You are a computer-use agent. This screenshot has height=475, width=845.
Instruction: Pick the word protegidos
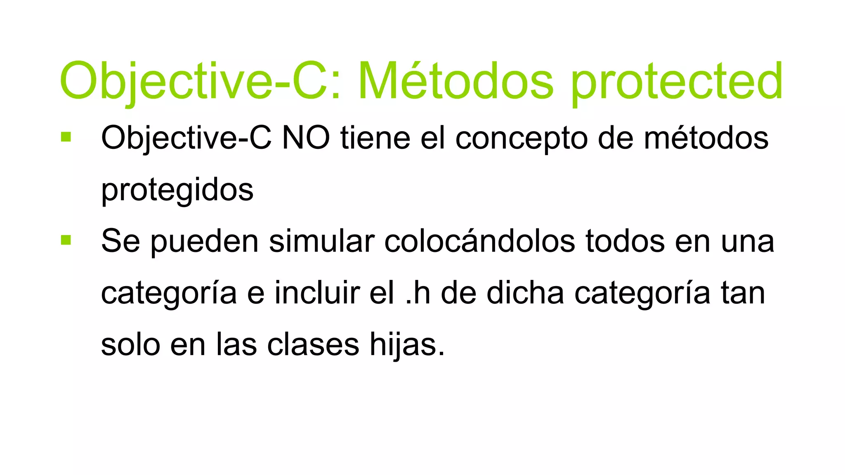coord(177,190)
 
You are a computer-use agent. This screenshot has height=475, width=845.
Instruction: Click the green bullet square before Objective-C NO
coord(66,137)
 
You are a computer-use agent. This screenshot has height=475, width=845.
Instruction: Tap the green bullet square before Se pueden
coord(66,240)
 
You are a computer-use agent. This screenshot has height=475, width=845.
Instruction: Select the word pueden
coord(204,242)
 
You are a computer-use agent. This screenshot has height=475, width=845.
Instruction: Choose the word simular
coord(322,241)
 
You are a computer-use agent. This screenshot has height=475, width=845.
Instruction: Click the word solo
coord(130,345)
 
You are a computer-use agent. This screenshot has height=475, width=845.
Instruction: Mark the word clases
coord(313,345)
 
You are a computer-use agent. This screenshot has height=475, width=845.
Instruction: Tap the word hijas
coord(406,345)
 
